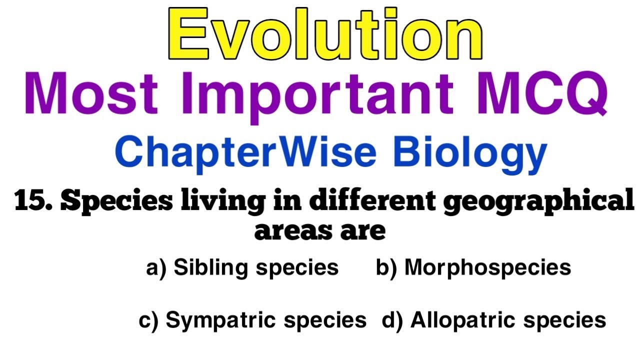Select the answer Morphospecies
[487, 268]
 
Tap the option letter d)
[392, 320]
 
